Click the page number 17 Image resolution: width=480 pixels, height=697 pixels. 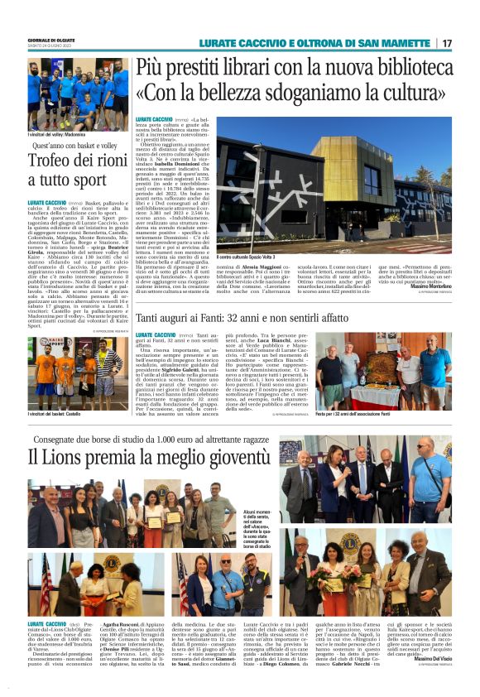pos(447,43)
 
